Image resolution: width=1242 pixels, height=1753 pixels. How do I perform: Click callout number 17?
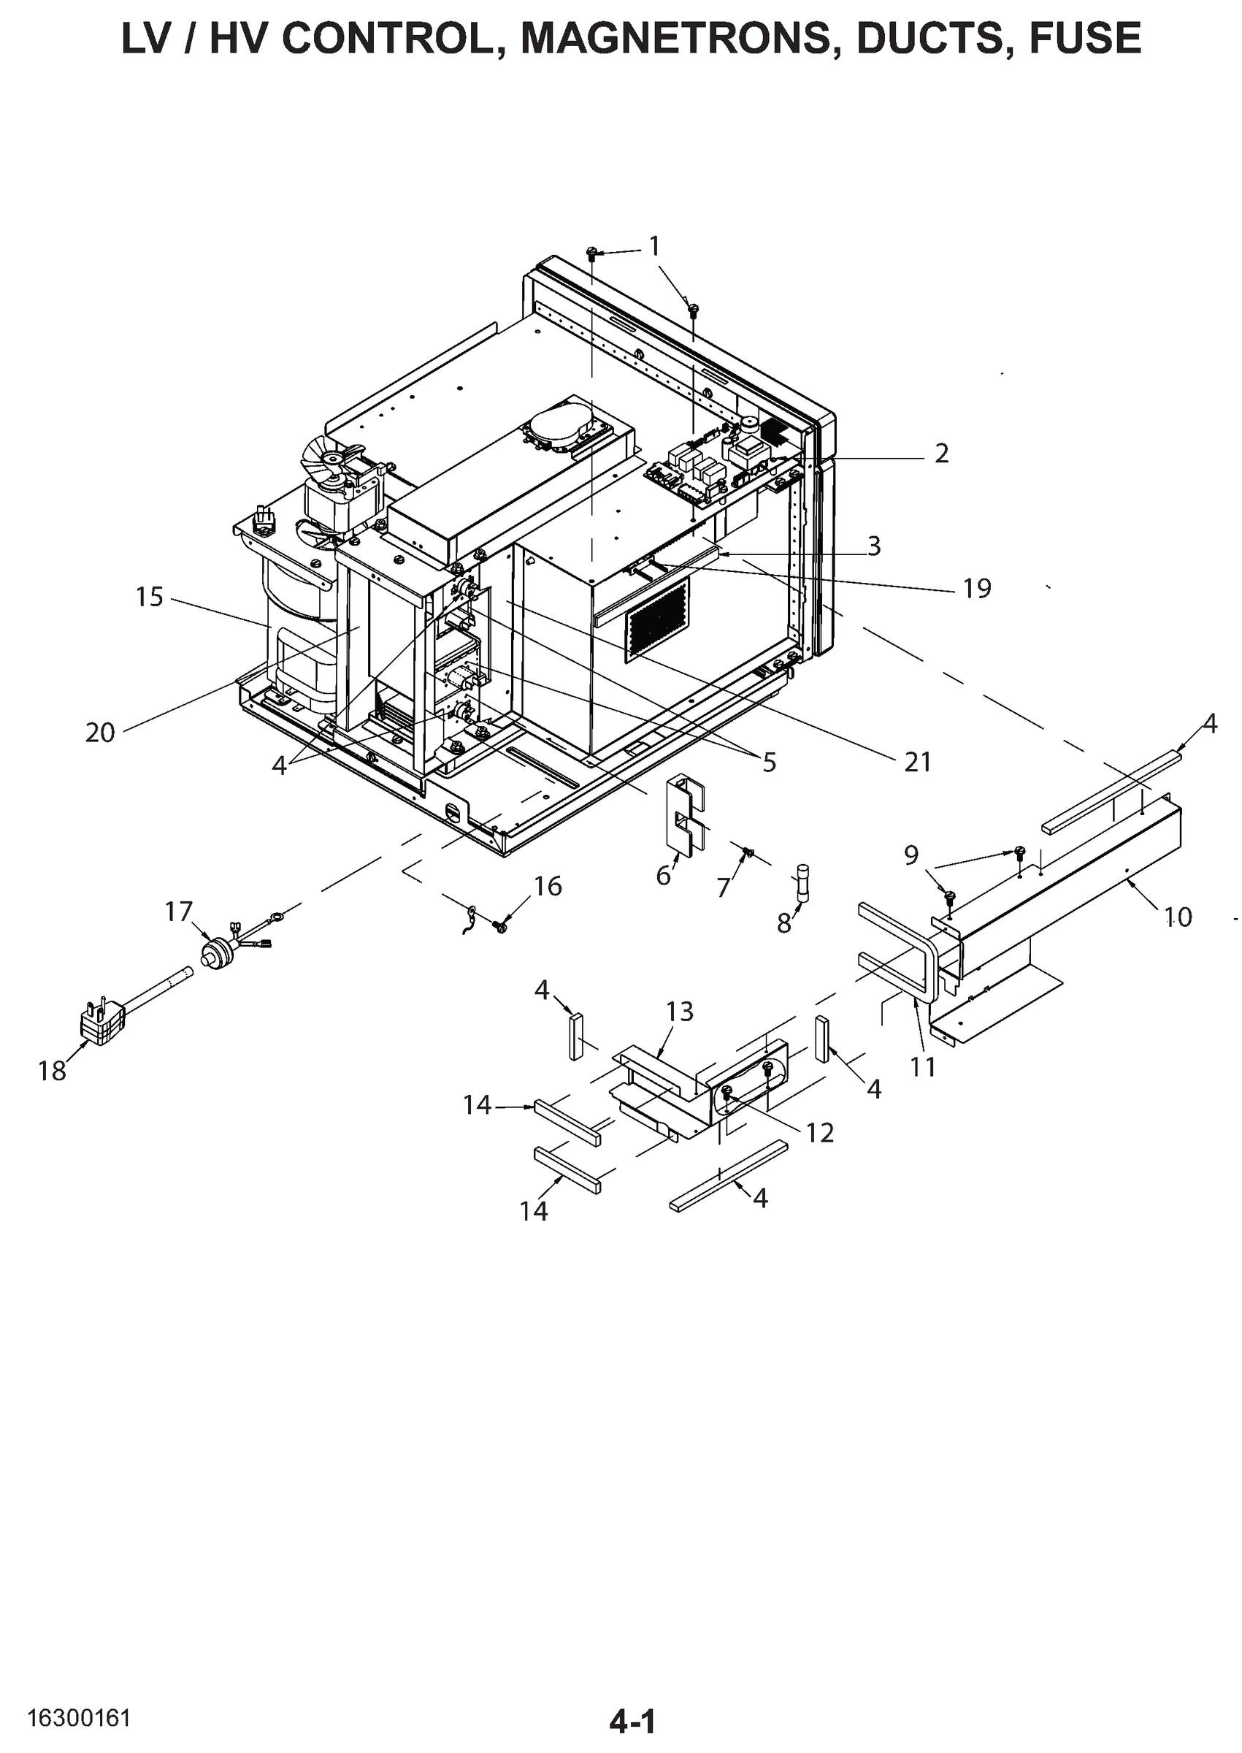(179, 912)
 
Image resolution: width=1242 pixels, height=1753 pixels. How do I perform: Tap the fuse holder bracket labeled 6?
(687, 814)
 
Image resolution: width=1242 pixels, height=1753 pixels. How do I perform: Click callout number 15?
(150, 597)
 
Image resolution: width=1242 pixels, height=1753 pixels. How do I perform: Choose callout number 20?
(99, 733)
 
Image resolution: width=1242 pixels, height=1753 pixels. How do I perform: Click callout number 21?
(917, 762)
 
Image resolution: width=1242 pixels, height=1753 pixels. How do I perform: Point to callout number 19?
(977, 588)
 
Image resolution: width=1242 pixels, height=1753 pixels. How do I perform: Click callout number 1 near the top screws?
(654, 245)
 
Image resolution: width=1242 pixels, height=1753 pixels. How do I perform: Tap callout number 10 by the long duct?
(1178, 916)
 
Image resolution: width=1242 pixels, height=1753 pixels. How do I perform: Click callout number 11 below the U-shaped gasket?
(923, 1066)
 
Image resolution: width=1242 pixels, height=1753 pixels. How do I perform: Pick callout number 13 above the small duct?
(679, 1011)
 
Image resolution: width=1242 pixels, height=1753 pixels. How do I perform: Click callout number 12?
(819, 1133)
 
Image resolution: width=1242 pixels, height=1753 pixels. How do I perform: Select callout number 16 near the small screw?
(548, 886)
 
